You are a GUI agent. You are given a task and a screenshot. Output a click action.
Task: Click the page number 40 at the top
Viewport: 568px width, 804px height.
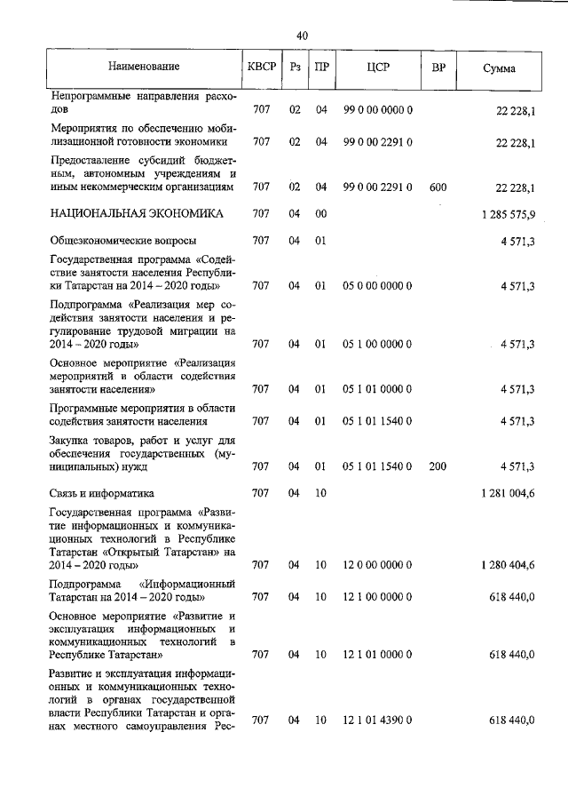pos(302,36)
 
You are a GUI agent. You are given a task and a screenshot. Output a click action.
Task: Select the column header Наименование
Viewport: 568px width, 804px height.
pos(144,68)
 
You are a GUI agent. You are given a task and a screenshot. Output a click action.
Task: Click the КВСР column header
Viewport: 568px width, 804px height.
pos(261,68)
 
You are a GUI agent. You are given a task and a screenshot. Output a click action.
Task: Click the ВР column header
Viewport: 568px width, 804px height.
pos(438,68)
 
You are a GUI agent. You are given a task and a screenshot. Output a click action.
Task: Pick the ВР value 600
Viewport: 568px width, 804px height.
pos(438,187)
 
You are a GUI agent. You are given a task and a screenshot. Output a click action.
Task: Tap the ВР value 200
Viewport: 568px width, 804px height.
pos(438,466)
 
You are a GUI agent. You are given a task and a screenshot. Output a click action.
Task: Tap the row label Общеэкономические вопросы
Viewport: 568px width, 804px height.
pos(123,240)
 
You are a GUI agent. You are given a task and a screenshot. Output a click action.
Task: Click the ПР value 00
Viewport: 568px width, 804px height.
pos(321,214)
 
